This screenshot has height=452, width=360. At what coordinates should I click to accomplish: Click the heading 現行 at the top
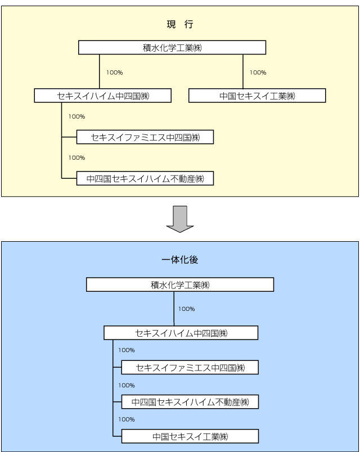click(180, 24)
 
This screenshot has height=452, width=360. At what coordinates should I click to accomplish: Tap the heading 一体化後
click(180, 260)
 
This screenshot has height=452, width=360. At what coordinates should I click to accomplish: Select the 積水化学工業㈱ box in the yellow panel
click(172, 48)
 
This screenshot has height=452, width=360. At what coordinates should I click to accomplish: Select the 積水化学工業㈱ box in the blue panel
click(180, 285)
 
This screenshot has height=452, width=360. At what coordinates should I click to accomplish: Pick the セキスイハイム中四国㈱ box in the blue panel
click(181, 333)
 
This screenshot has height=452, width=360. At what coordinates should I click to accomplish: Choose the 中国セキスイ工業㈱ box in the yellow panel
click(257, 96)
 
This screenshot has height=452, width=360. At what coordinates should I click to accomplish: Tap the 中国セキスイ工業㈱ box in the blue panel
click(190, 436)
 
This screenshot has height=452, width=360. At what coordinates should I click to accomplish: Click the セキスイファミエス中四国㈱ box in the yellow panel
click(146, 137)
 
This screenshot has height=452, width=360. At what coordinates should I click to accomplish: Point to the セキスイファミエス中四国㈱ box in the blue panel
click(190, 368)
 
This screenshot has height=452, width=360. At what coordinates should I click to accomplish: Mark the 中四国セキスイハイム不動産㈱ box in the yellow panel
click(146, 179)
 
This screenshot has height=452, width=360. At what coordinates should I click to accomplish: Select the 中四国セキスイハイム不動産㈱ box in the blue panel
click(190, 402)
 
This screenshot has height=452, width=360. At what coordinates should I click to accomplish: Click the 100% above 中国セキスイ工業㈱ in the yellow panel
click(258, 73)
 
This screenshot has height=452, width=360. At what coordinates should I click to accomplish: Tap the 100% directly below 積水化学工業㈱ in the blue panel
click(187, 309)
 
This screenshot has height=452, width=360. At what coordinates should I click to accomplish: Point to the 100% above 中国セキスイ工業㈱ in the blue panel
click(126, 419)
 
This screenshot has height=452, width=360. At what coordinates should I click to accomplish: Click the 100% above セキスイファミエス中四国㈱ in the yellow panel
click(76, 117)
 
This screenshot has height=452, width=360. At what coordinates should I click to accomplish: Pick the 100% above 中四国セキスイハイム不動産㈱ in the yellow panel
click(76, 158)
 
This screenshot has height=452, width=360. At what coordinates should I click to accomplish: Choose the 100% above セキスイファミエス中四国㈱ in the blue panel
click(126, 350)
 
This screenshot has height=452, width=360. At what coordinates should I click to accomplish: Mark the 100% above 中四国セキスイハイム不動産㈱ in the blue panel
click(126, 386)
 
